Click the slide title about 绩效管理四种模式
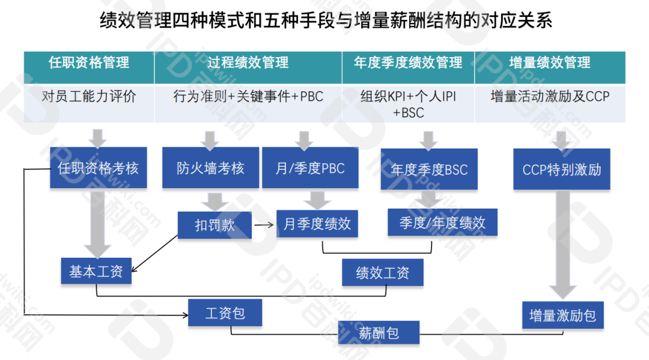click(x=325, y=22)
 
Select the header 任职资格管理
click(x=89, y=63)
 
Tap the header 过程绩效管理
click(x=248, y=63)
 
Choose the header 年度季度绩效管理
click(x=408, y=63)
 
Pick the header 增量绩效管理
click(x=549, y=63)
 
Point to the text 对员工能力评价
click(x=89, y=96)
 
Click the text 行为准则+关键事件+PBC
click(x=248, y=96)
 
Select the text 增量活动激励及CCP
click(x=549, y=96)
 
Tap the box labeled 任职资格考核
click(x=98, y=168)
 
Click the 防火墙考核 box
click(x=210, y=168)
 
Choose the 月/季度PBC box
click(x=310, y=168)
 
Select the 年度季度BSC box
click(x=429, y=169)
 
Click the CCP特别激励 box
click(x=562, y=169)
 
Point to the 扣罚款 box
click(x=215, y=225)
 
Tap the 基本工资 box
click(x=96, y=272)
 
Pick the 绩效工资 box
click(x=383, y=273)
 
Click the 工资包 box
click(x=225, y=313)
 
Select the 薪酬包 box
click(x=379, y=332)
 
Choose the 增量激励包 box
click(x=562, y=315)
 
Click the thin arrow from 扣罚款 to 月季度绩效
click(x=264, y=225)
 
